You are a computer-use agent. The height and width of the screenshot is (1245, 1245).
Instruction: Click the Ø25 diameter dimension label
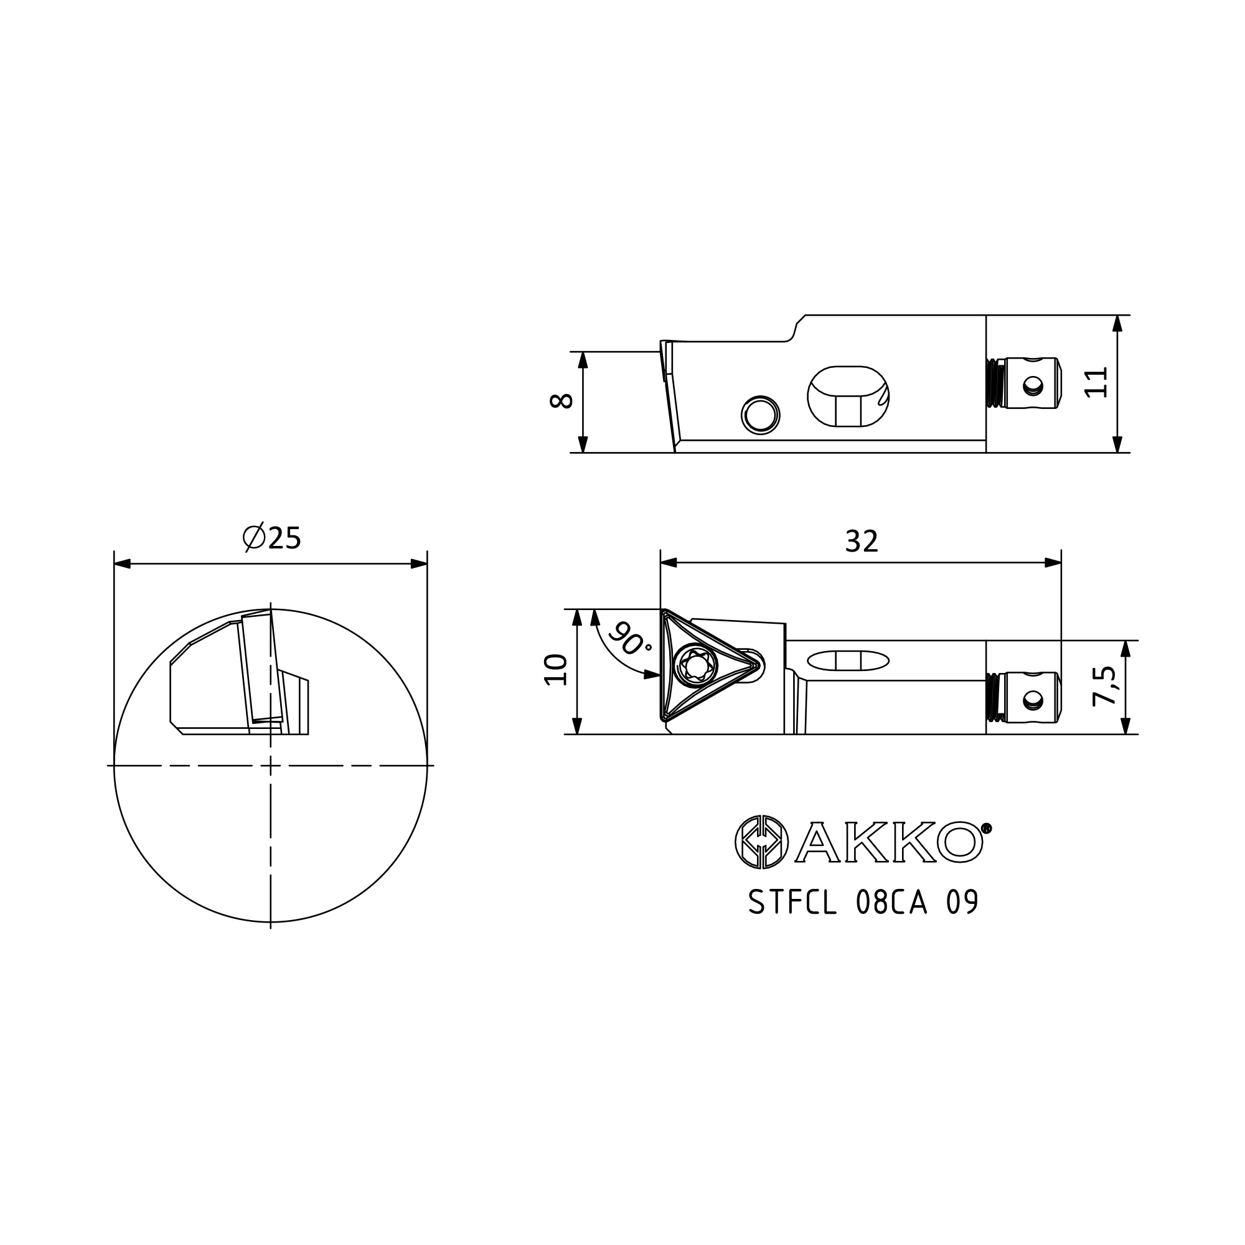coord(271,538)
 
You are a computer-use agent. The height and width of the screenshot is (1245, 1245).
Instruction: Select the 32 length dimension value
coord(862,542)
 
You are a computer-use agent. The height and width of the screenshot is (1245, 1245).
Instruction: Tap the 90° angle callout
coord(629,639)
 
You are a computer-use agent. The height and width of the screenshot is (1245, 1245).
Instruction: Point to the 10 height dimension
coord(555,670)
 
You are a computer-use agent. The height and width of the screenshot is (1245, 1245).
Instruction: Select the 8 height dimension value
coord(561,401)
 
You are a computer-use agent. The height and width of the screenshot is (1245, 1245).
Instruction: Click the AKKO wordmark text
coord(890,842)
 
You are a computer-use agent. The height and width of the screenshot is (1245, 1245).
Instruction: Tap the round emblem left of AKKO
coord(763,842)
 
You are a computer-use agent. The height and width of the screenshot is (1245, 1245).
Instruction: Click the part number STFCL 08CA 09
coord(863,902)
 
